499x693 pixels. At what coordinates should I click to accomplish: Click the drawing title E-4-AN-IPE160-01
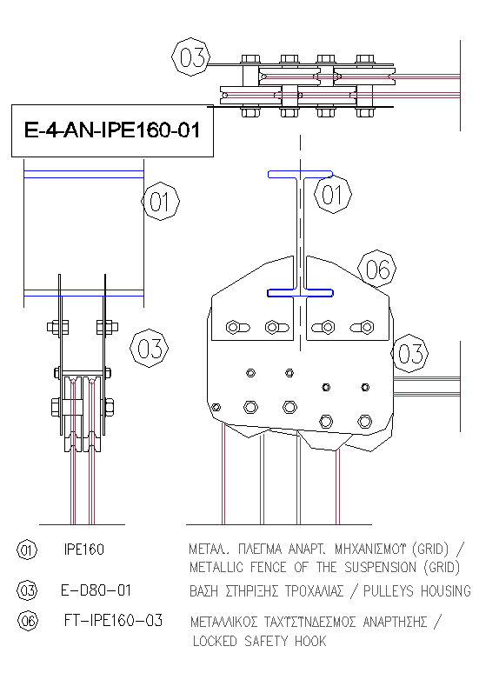[112, 130]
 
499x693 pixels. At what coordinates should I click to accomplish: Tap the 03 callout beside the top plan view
[191, 57]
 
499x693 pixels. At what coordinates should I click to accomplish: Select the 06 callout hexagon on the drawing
[376, 269]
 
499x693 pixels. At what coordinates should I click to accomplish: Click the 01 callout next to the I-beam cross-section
[333, 195]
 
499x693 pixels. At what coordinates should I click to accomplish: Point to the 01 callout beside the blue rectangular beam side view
[161, 201]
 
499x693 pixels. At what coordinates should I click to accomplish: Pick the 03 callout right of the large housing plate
[409, 353]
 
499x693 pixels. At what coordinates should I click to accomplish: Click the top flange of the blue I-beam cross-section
[301, 174]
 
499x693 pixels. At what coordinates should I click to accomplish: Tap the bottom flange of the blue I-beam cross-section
[301, 292]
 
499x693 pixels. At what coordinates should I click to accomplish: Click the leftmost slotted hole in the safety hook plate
[238, 328]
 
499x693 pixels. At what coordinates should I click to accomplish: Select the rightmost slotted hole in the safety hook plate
[362, 327]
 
